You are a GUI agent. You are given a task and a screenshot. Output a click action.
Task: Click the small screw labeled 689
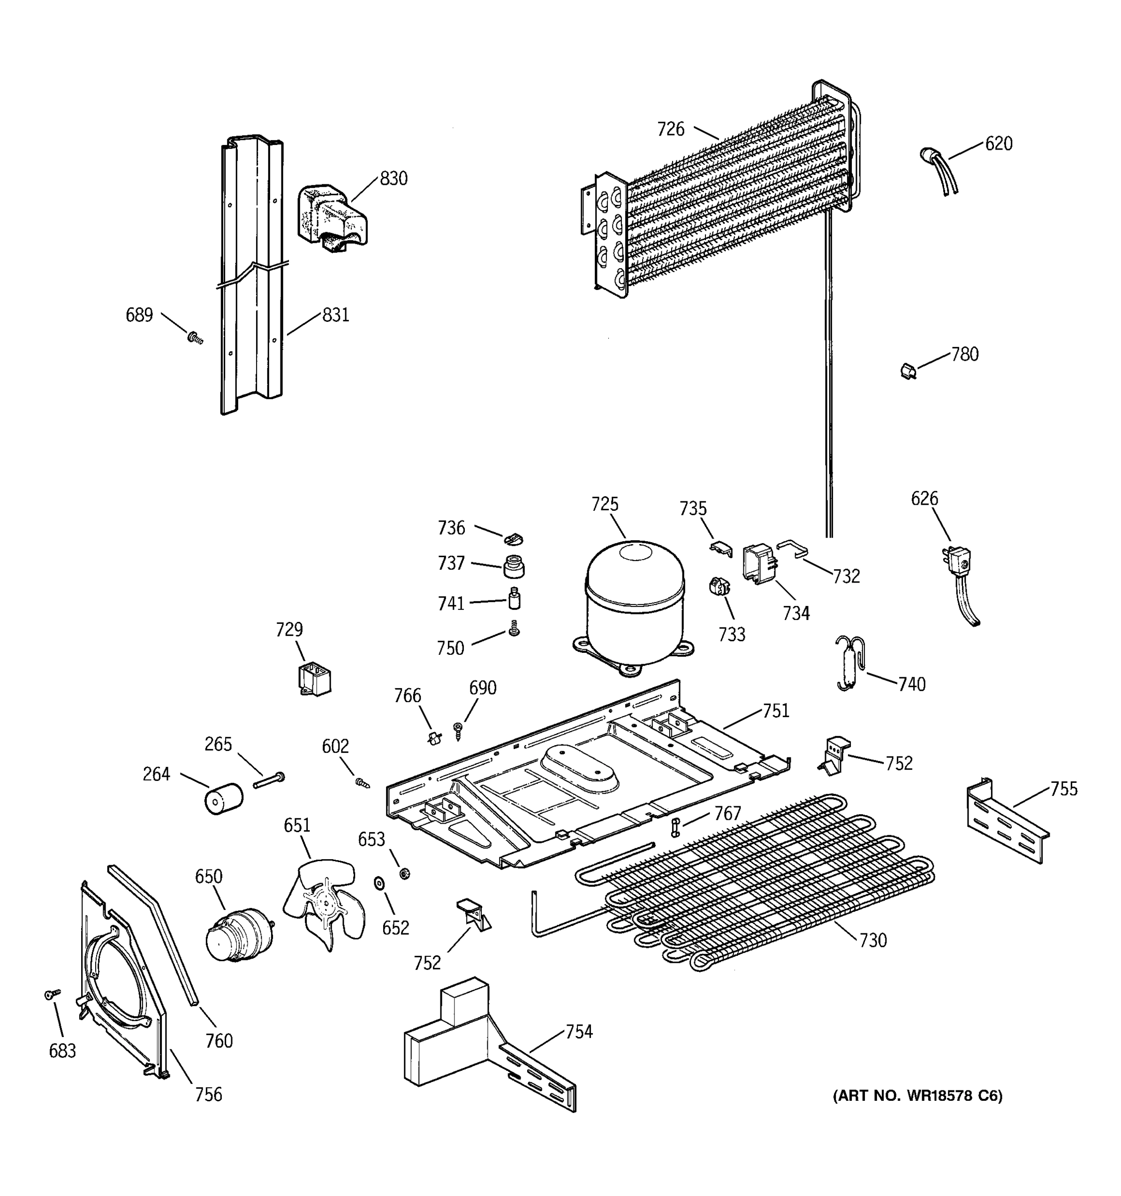[x=194, y=339]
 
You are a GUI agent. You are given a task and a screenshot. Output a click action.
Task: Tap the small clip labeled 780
[x=908, y=371]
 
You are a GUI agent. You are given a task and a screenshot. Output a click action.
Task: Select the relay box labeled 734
[x=758, y=563]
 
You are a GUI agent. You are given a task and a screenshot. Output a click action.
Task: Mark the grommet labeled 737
[x=513, y=566]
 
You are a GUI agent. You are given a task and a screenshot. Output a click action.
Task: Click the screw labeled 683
[x=53, y=995]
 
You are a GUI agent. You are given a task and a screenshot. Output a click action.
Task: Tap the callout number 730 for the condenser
[x=872, y=940]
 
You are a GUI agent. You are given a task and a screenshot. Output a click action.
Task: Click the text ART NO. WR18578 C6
[x=917, y=1096]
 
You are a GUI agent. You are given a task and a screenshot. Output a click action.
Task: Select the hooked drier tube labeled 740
[x=849, y=663]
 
